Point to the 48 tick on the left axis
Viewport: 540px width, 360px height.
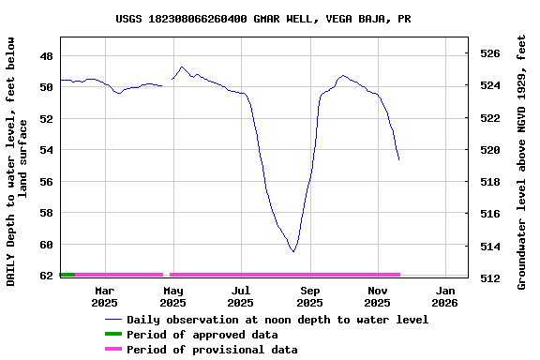point(45,55)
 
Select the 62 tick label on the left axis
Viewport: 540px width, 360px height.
point(45,276)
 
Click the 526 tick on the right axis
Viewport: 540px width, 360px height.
point(490,53)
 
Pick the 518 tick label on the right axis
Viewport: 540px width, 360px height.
point(490,182)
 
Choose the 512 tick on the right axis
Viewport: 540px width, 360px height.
point(490,278)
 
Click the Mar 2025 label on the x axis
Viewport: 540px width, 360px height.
point(104,296)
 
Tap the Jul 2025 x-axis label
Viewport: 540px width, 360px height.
point(240,296)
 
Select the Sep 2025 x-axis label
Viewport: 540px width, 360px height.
point(309,296)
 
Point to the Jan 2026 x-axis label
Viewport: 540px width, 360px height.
point(444,296)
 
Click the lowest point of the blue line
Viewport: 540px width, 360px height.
point(293,251)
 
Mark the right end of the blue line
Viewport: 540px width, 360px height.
point(398,159)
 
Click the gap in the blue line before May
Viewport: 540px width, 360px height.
point(167,84)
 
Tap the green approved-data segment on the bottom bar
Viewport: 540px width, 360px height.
point(67,275)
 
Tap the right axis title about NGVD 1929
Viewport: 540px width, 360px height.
point(521,161)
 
